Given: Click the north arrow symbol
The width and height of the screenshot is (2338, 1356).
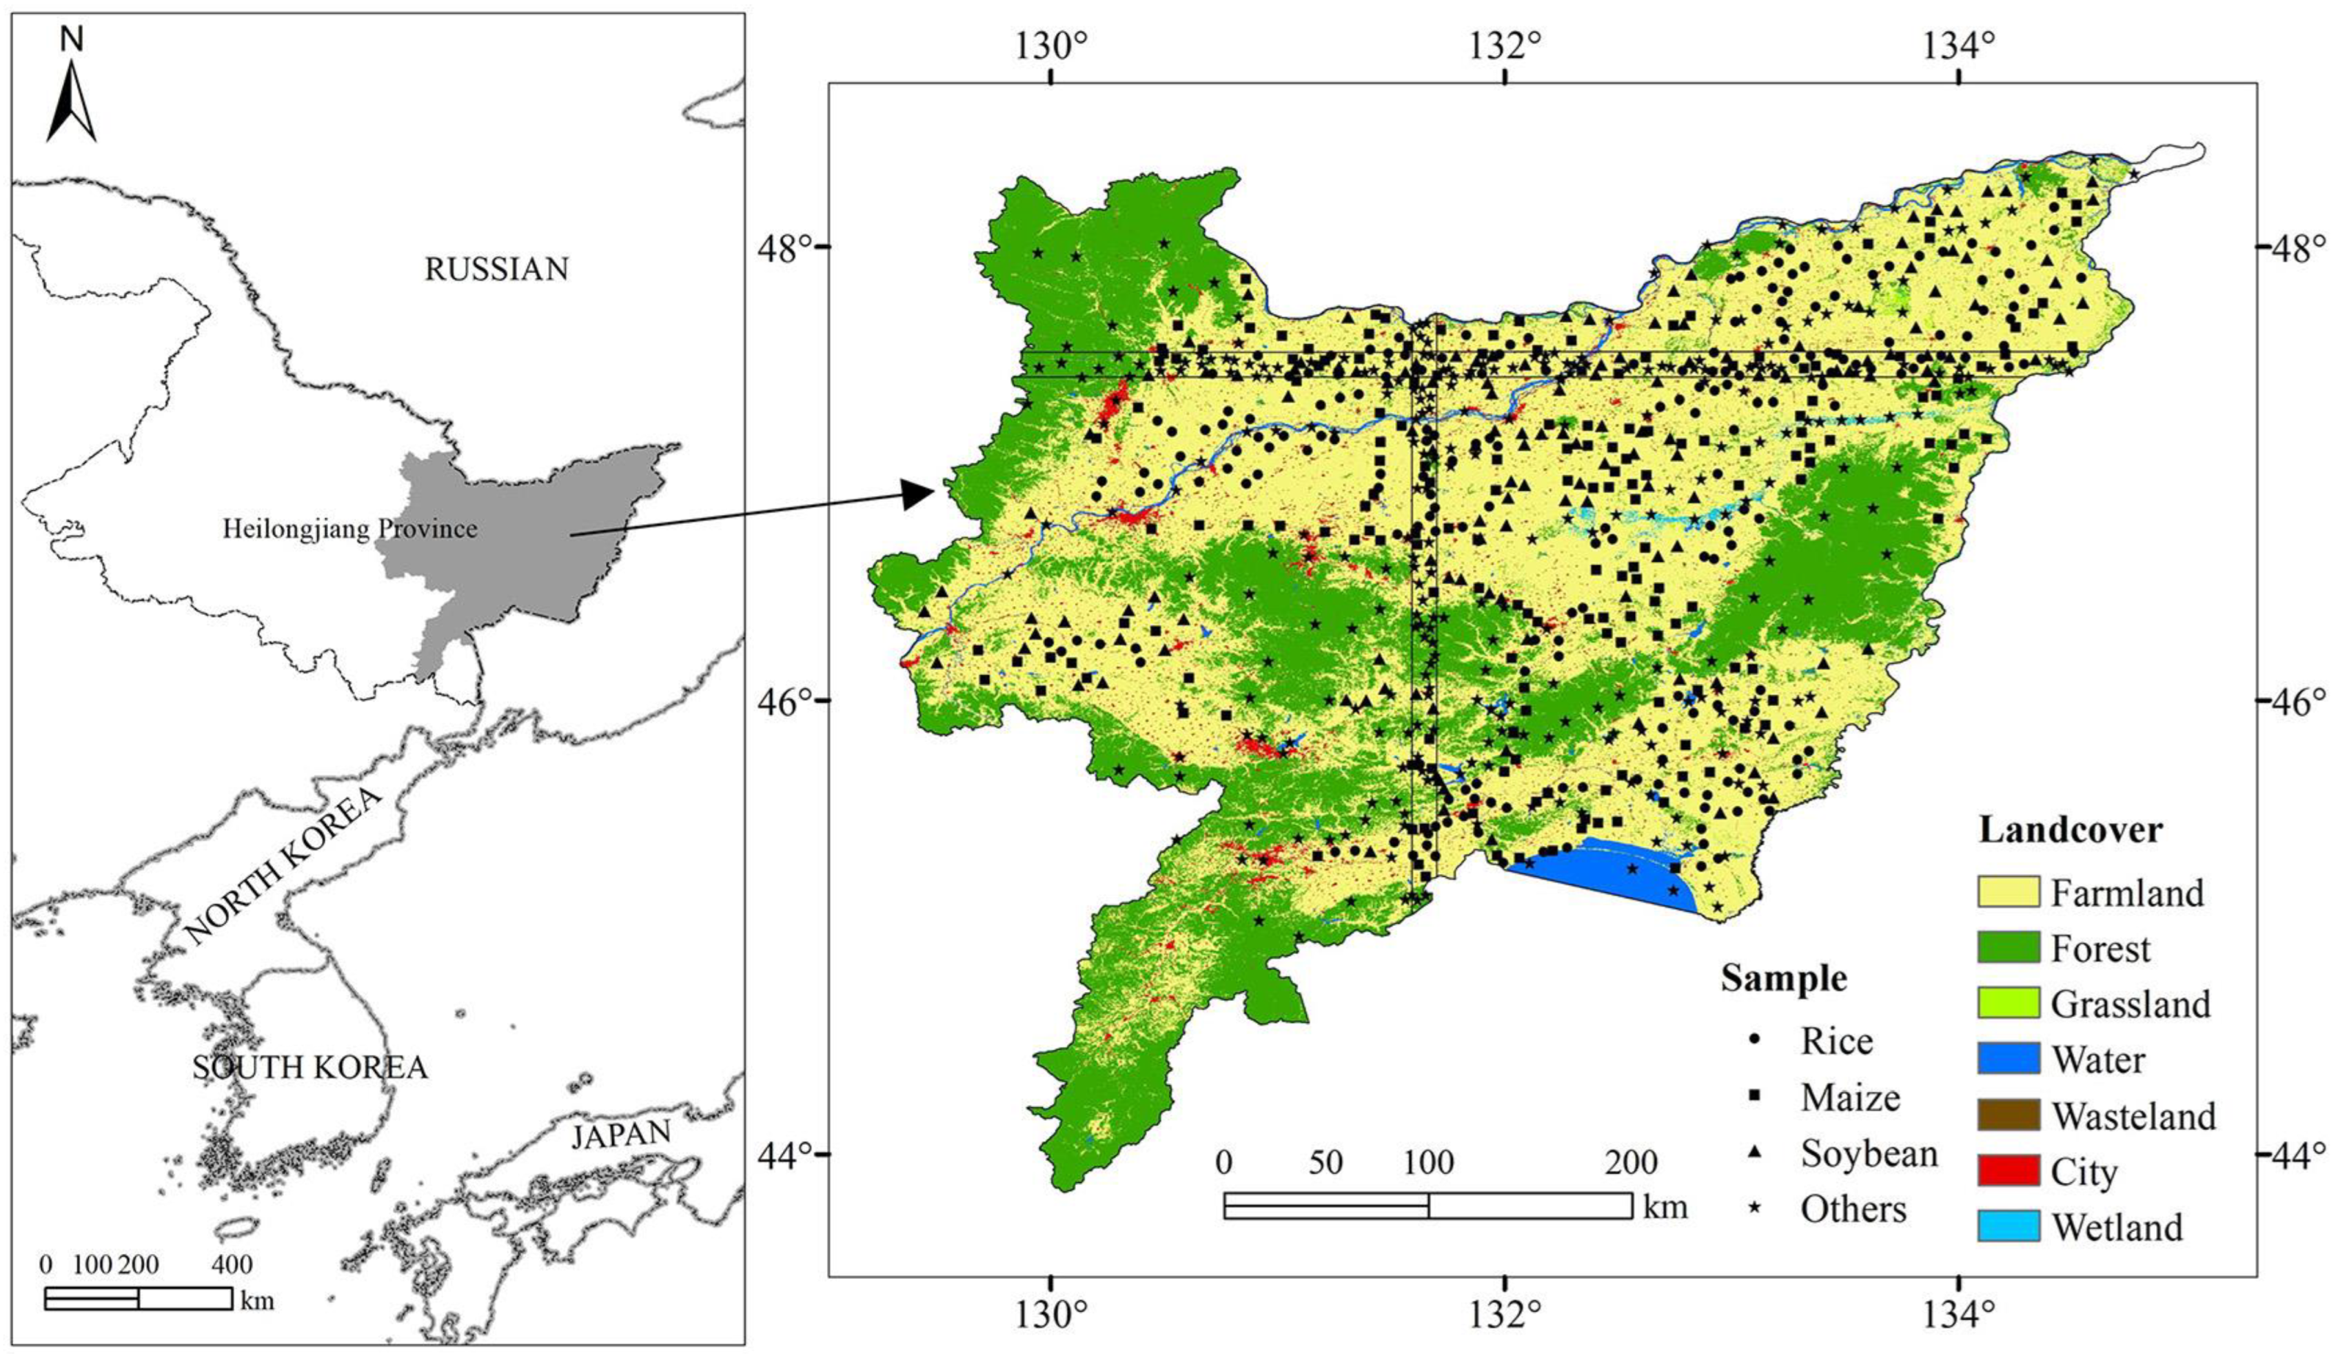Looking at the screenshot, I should pyautogui.click(x=72, y=102).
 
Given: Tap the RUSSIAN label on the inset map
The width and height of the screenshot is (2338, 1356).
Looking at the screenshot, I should pyautogui.click(x=496, y=269).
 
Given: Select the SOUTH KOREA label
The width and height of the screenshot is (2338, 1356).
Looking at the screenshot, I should pyautogui.click(x=310, y=1067).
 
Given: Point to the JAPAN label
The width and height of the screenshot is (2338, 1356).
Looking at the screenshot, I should pyautogui.click(x=620, y=1134).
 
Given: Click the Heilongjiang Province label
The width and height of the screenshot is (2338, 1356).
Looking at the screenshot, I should pyautogui.click(x=349, y=529).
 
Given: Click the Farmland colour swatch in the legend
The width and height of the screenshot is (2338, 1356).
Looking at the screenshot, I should pyautogui.click(x=2009, y=892).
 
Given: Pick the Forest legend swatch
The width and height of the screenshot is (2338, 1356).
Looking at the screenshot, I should pyautogui.click(x=2009, y=948).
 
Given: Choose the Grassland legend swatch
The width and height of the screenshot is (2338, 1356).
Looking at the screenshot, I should pyautogui.click(x=2009, y=1003).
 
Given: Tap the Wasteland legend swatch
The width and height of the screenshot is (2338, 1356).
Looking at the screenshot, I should pyautogui.click(x=2009, y=1115).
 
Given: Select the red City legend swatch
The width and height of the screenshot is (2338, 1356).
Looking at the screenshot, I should pyautogui.click(x=2009, y=1171).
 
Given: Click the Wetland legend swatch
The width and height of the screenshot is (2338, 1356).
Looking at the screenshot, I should pyautogui.click(x=2009, y=1227).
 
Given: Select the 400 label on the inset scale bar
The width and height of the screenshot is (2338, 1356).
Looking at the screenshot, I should pyautogui.click(x=232, y=1265).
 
